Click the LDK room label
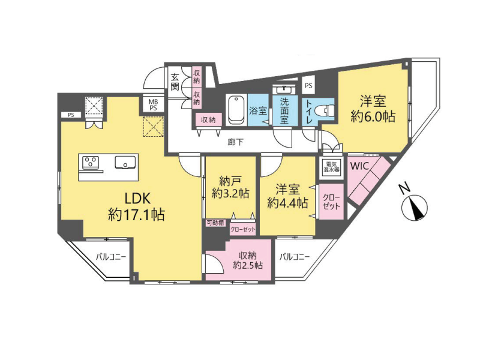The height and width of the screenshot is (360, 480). coord(137,206)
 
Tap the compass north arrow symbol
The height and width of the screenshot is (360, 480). coord(415,208)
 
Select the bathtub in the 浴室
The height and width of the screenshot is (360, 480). coord(236,110)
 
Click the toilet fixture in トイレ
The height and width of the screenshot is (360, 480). coord(326,110)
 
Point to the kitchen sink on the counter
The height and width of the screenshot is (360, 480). coord(125,162)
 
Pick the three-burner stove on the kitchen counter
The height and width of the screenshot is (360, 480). coord(91,162)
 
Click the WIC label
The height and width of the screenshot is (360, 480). coord(359,166)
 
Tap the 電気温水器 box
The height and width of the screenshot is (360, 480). coord(332,167)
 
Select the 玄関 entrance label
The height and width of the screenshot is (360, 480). coord(175,82)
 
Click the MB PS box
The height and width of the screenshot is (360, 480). coord(153,104)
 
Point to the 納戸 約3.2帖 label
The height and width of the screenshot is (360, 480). coord(230,187)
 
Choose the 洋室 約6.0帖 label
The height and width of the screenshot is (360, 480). coord(373,109)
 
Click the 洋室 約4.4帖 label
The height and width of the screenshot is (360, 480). coord(287,196)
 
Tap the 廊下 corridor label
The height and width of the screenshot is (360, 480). coord(235,142)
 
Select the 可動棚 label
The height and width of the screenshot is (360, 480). coord(215,223)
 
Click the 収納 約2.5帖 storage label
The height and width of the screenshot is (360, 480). coord(248,260)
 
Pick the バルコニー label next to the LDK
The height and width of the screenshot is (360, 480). coord(111,257)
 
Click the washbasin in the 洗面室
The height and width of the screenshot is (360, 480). coord(284,89)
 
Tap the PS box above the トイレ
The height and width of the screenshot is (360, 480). coord(308,85)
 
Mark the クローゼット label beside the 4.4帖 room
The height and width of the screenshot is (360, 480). coord(331,202)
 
